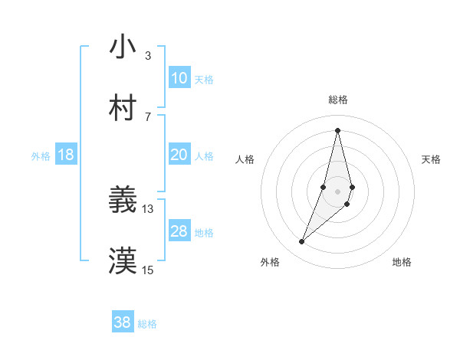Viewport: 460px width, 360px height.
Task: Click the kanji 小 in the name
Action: [123, 47]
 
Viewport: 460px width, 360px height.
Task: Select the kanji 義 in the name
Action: [123, 200]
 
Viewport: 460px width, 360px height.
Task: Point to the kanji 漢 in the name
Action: [123, 261]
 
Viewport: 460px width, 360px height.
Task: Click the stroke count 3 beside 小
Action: [148, 55]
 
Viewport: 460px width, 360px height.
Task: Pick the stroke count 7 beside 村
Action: [148, 116]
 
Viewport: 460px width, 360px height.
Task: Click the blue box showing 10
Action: [179, 78]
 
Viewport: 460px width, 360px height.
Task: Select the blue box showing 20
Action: [179, 155]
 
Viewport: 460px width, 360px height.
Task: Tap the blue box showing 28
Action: [179, 231]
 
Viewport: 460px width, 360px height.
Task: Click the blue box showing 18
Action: [65, 155]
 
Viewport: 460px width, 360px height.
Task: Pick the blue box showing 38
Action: [123, 322]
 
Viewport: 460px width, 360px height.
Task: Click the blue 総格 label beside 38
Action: [147, 324]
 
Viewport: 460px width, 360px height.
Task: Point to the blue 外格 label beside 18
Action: [41, 156]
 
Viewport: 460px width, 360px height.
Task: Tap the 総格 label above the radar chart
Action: [338, 100]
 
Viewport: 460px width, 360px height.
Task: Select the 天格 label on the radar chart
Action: [432, 159]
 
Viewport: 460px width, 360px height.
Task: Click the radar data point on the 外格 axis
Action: [302, 242]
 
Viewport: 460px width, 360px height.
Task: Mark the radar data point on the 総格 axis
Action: [338, 130]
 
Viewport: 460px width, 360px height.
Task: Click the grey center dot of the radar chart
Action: [338, 191]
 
